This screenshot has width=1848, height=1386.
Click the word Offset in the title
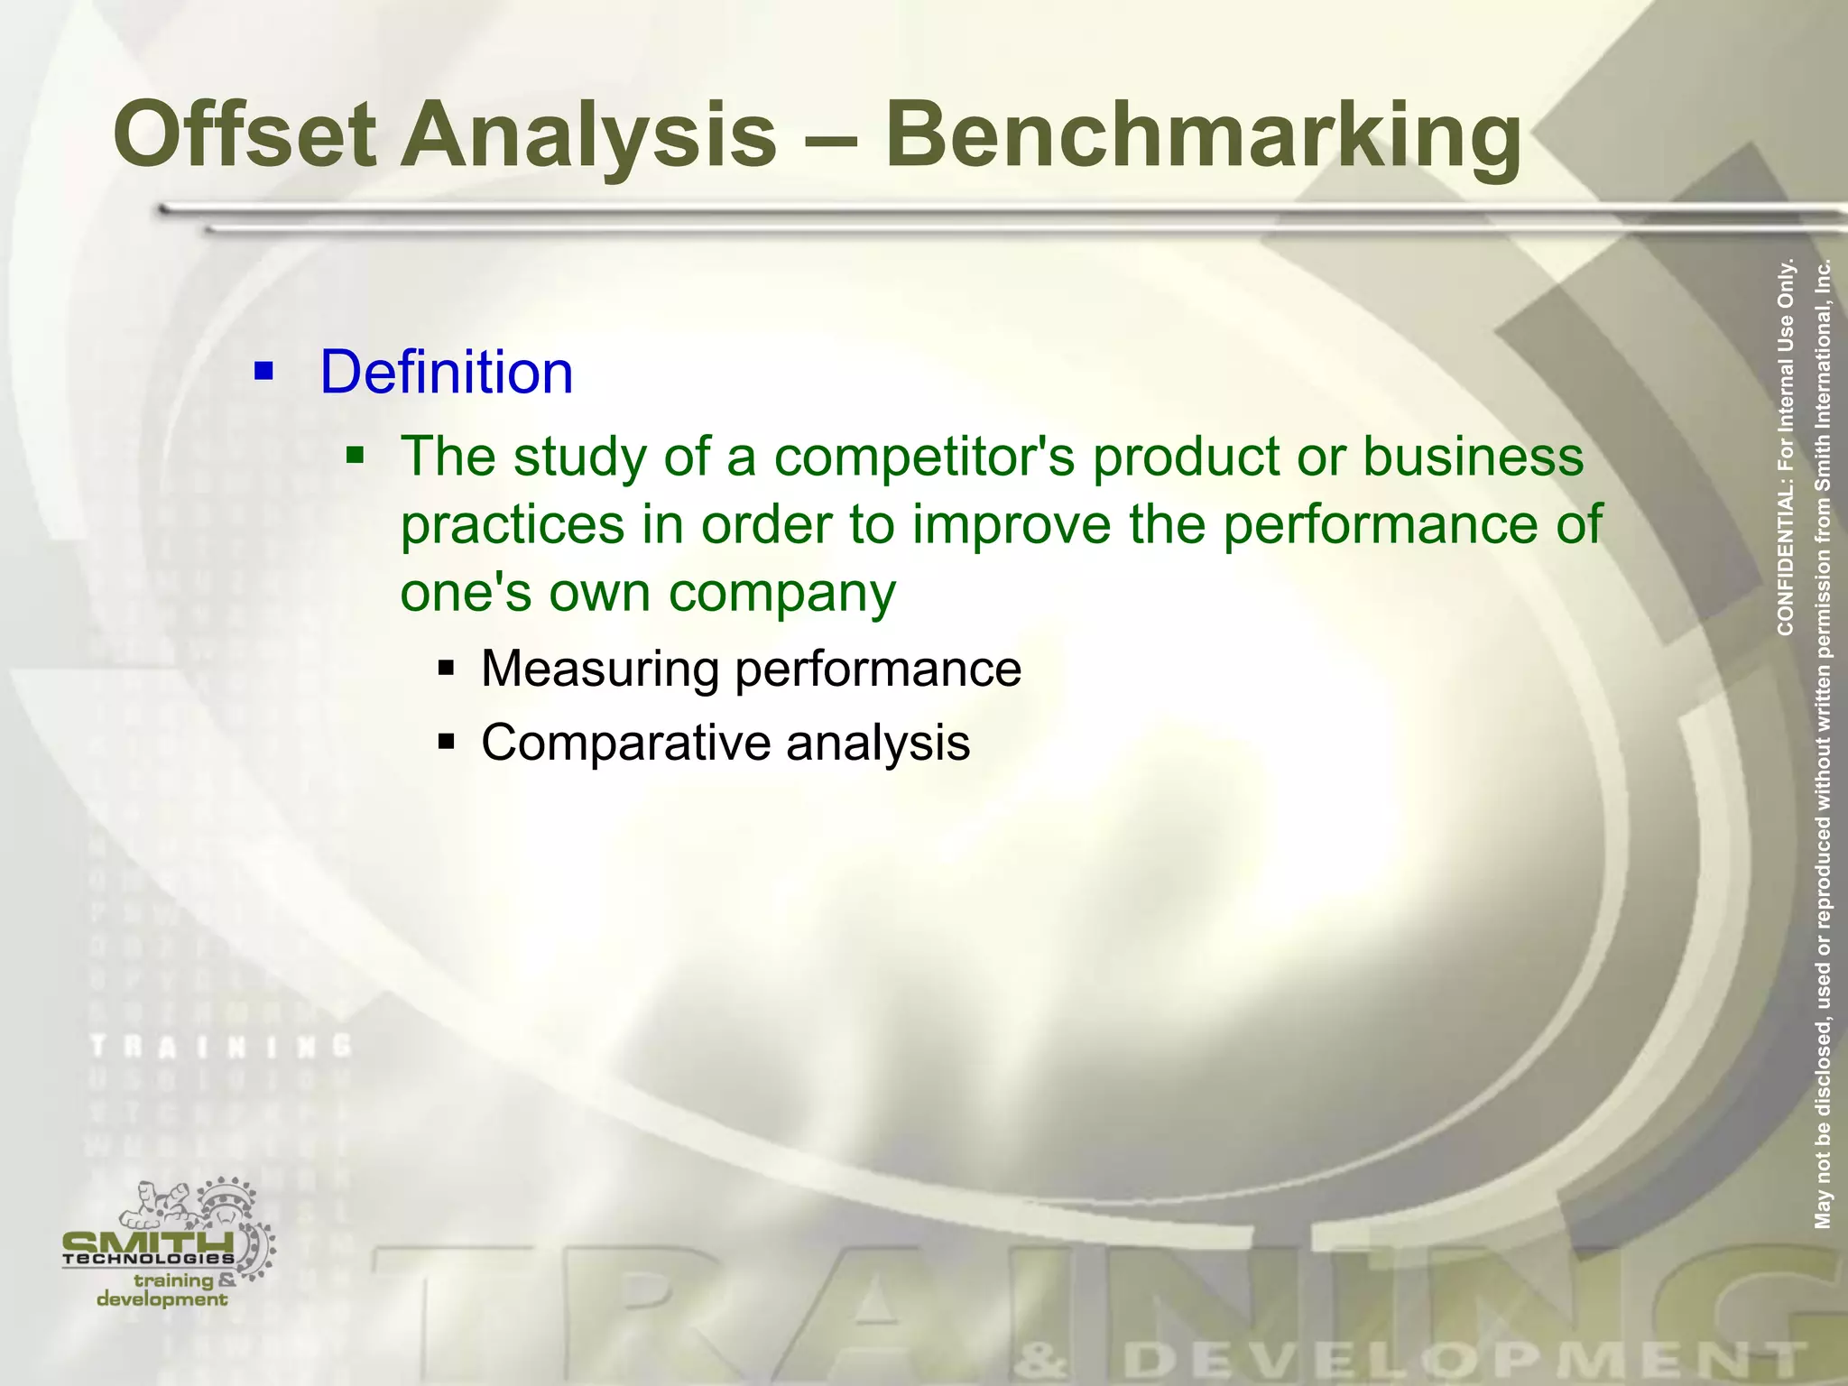click(245, 135)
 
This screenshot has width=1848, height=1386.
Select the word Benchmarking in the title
click(1203, 135)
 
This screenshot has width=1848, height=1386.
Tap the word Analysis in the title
click(588, 135)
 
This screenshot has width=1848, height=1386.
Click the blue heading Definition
click(447, 372)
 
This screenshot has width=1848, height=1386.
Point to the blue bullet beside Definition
click(263, 371)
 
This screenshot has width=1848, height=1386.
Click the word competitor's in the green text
click(924, 457)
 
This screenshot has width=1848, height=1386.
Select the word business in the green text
click(1473, 457)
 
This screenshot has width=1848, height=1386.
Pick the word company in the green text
click(781, 594)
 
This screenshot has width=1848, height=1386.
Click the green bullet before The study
click(356, 454)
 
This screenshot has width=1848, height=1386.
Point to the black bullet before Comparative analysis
click(446, 743)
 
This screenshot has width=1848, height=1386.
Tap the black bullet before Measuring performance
click(446, 669)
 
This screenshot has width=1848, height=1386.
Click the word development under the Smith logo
click(162, 1299)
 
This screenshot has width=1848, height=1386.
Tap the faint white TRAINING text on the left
click(221, 1047)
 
